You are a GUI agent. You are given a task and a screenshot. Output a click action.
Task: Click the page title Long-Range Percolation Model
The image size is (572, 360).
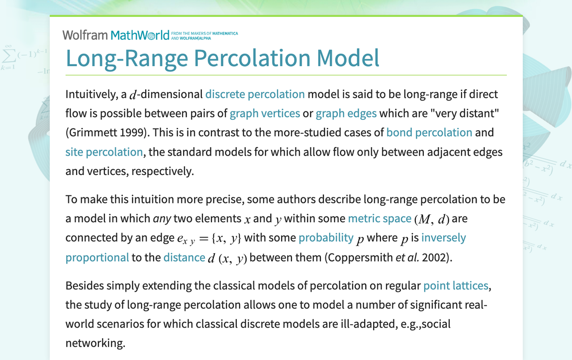pyautogui.click(x=222, y=58)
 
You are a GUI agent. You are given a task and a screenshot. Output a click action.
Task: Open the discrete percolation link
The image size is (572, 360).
pyautogui.click(x=255, y=94)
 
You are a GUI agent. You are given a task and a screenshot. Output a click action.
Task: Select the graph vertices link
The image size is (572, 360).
pyautogui.click(x=265, y=113)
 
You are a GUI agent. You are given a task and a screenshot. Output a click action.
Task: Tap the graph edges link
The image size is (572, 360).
pyautogui.click(x=346, y=113)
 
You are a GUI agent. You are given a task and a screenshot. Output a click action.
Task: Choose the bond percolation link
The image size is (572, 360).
pyautogui.click(x=429, y=133)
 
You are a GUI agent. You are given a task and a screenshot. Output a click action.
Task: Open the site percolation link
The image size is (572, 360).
pyautogui.click(x=104, y=152)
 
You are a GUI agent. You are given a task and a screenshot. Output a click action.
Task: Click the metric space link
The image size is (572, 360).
pyautogui.click(x=380, y=219)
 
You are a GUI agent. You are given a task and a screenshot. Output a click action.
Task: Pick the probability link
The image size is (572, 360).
pyautogui.click(x=326, y=238)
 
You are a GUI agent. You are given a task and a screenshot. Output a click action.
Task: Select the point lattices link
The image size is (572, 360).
pyautogui.click(x=456, y=286)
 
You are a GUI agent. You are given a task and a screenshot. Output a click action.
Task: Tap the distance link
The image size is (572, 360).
pyautogui.click(x=184, y=258)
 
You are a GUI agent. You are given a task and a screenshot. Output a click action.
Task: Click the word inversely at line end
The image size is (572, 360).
pyautogui.click(x=444, y=238)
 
